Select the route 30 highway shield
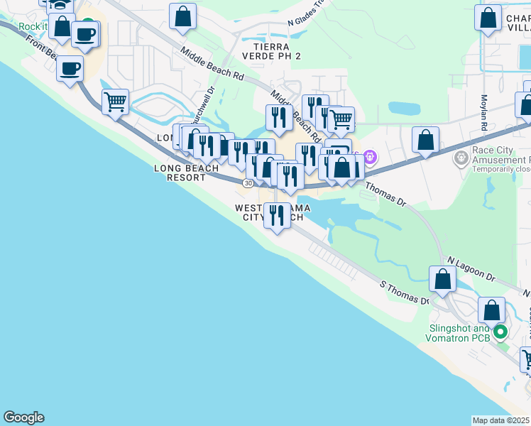(x=247, y=183)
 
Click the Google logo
(x=23, y=417)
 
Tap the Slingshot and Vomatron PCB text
(x=459, y=333)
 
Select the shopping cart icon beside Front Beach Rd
(x=115, y=101)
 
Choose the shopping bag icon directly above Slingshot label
(x=491, y=310)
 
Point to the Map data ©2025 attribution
(x=501, y=420)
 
